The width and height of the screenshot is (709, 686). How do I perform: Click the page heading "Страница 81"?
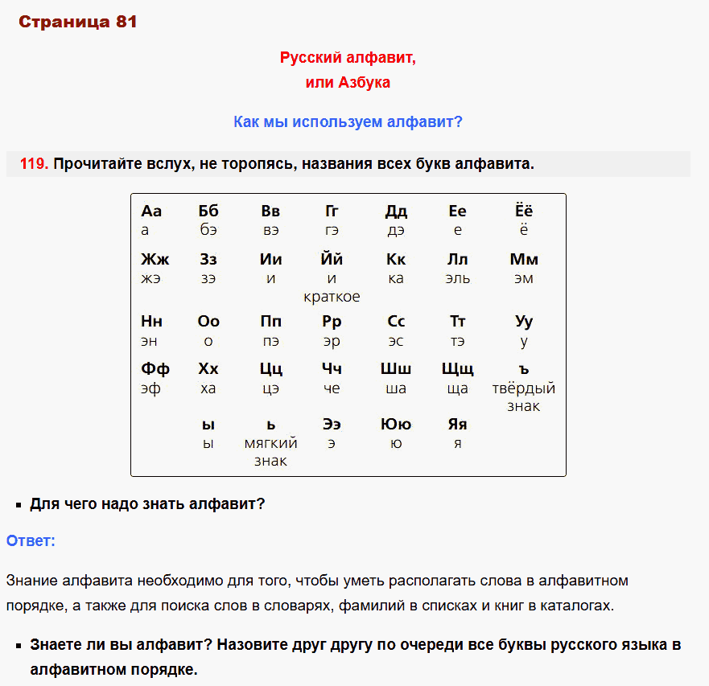[x=77, y=23]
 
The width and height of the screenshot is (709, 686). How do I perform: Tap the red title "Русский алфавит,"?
[x=348, y=58]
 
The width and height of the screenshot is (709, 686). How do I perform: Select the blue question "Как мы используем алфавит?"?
[x=348, y=122]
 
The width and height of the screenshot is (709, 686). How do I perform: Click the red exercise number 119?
[x=34, y=164]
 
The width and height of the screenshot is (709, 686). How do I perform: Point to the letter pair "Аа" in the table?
[x=151, y=212]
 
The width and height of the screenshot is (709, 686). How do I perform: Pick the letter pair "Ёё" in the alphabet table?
[x=524, y=211]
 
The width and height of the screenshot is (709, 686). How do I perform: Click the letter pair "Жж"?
[x=155, y=260]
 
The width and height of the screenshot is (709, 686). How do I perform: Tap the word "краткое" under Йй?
[x=332, y=297]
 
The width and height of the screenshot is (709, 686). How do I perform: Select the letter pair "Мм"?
[x=524, y=260]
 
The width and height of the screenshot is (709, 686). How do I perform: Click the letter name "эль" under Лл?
[x=458, y=279]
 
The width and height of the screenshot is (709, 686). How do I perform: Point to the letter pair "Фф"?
[x=155, y=369]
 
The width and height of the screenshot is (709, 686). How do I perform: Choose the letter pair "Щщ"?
[x=458, y=370]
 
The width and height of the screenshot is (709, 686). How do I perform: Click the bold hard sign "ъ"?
[x=524, y=370]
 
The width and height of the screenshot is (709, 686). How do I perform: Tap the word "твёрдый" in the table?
[x=524, y=388]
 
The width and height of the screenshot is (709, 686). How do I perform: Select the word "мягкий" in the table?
[x=271, y=443]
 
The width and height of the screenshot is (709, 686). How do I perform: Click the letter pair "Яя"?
[x=458, y=425]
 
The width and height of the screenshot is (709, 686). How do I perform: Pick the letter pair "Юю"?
[x=396, y=425]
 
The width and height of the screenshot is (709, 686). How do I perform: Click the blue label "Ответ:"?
[x=31, y=541]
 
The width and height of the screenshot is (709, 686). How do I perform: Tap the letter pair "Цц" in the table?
[x=271, y=369]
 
